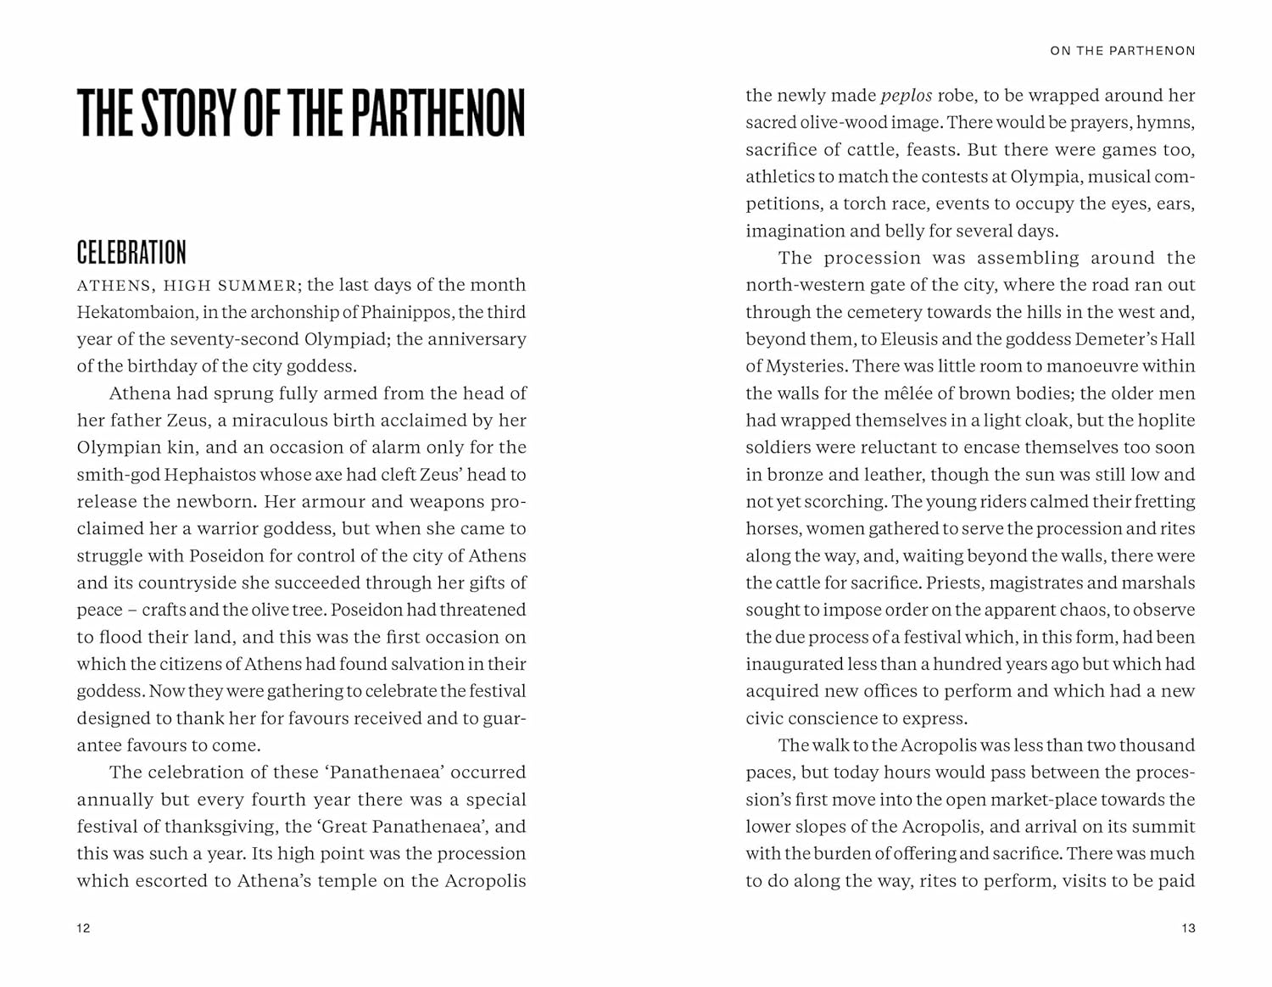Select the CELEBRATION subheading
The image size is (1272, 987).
(x=131, y=253)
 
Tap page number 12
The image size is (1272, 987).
(x=83, y=928)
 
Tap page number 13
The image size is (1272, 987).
(x=1188, y=928)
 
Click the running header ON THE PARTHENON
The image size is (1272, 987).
(x=1122, y=51)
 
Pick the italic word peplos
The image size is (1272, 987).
(x=907, y=96)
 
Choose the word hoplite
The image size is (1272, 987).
(x=1168, y=421)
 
